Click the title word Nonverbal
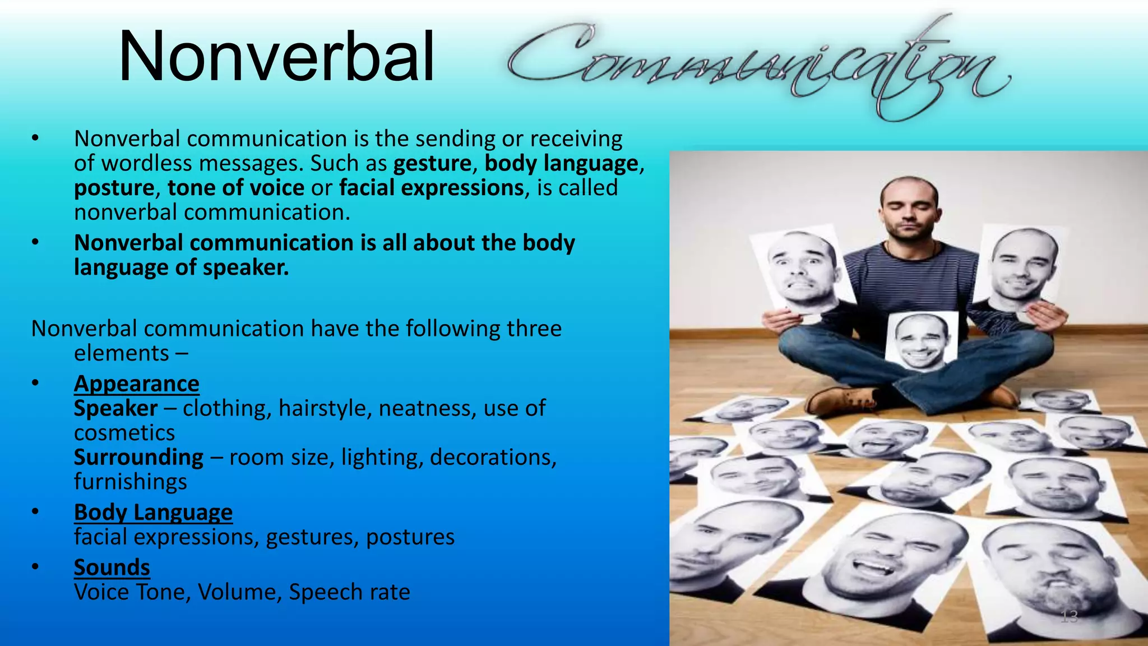point(276,57)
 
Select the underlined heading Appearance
point(136,384)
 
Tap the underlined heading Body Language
point(153,513)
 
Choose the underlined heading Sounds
point(112,567)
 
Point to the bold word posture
point(114,188)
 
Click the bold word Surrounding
point(138,458)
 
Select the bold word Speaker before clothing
point(115,408)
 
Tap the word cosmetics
point(124,433)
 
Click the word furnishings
point(131,482)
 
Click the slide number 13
point(1069,617)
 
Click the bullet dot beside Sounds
point(35,567)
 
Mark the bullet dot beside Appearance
point(35,384)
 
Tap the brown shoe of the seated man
point(841,399)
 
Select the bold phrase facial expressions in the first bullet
point(431,188)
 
